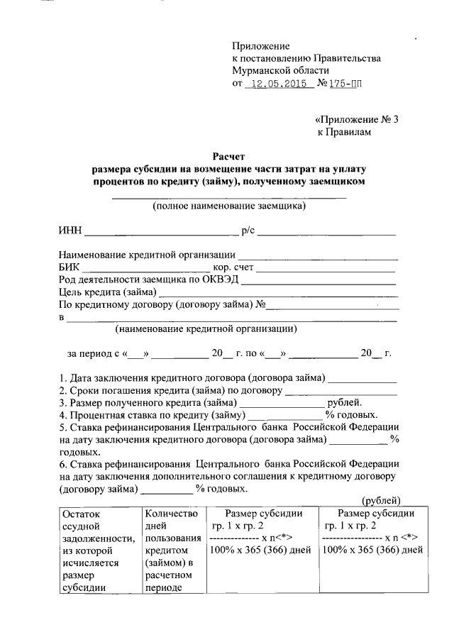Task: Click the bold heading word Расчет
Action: [231, 156]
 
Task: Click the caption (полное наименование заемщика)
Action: [230, 206]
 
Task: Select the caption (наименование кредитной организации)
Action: [206, 328]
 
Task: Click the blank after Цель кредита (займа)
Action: [279, 294]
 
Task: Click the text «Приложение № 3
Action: [357, 119]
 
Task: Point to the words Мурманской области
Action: [281, 71]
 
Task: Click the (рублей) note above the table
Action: [382, 502]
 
